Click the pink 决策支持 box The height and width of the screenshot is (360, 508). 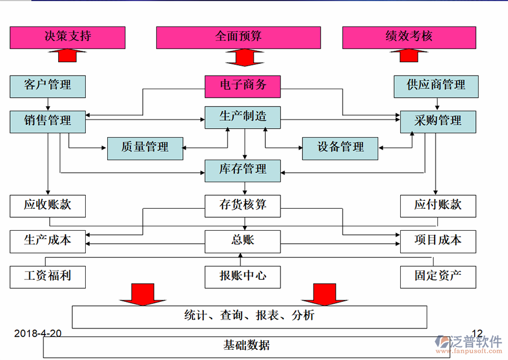[67, 37]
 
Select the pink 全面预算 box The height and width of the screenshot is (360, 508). [238, 37]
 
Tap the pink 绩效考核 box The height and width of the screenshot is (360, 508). [409, 37]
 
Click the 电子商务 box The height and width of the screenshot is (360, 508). [243, 86]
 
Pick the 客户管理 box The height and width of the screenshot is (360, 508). [48, 86]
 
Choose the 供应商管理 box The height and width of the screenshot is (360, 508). [436, 86]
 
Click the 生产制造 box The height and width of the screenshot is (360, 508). [243, 117]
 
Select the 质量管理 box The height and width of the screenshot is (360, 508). [145, 148]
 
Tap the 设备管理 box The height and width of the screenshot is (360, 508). [340, 148]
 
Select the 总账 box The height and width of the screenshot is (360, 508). [243, 241]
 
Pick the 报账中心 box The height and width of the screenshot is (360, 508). [243, 276]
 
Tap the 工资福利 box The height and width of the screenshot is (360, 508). [48, 276]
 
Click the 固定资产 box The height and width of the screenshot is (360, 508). [438, 276]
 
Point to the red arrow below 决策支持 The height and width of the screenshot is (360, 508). [67, 55]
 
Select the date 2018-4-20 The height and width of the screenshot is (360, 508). [38, 333]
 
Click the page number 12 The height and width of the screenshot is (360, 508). [477, 333]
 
